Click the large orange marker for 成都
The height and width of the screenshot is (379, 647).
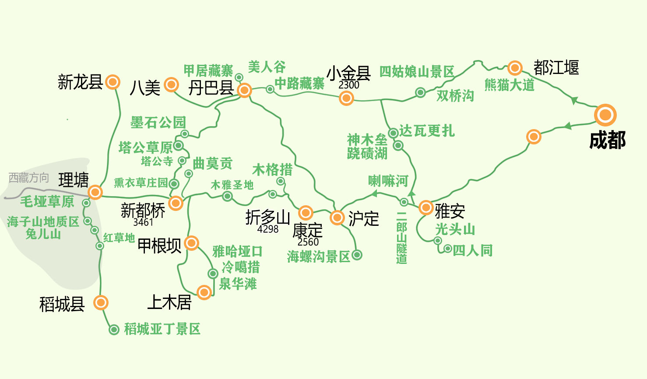click(605, 115)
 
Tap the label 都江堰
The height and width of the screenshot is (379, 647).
click(556, 68)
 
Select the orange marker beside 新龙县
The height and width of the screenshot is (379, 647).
click(113, 82)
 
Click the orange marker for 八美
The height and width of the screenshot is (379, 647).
click(171, 85)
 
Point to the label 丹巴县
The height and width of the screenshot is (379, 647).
click(211, 88)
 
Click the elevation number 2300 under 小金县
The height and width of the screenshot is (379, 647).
click(349, 85)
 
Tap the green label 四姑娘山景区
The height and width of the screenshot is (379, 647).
click(417, 71)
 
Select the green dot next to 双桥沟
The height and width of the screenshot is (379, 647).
click(420, 92)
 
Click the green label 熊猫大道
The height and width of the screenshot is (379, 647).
click(510, 85)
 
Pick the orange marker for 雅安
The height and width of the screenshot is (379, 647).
click(426, 207)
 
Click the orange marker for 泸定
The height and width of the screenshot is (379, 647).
click(337, 218)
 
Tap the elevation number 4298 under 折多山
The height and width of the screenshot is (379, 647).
click(268, 229)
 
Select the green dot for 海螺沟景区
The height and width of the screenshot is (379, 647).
click(357, 255)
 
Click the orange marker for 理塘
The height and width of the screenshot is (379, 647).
click(95, 192)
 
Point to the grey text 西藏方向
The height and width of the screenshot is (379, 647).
click(29, 178)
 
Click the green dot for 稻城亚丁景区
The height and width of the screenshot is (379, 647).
click(114, 330)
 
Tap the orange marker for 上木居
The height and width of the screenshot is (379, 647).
click(204, 292)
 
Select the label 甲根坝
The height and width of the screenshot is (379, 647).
click(159, 246)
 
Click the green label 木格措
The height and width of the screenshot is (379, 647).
click(272, 169)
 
